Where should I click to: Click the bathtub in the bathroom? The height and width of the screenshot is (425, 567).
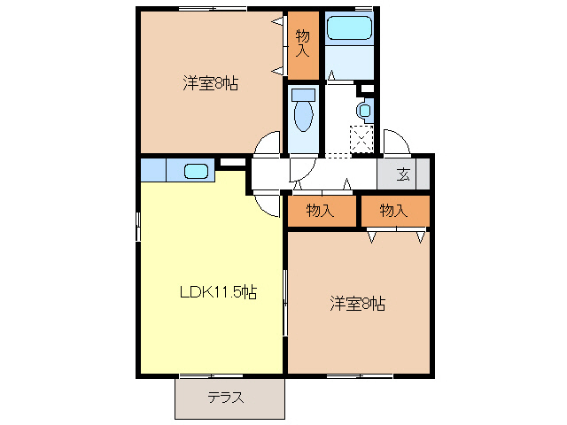click(349, 29)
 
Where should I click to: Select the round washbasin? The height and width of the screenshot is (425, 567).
click(363, 111)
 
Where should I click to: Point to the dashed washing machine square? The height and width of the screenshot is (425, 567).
click(361, 140)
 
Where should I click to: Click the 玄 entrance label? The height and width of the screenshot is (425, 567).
click(403, 174)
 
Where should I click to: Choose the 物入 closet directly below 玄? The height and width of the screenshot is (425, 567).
click(393, 211)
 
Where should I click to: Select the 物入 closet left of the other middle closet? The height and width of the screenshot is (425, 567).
click(320, 211)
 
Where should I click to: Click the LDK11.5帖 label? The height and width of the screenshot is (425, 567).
click(220, 292)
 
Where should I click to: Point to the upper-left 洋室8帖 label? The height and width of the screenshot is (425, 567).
click(210, 84)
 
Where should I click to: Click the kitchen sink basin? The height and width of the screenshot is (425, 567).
click(197, 171)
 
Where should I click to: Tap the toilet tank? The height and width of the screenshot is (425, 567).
click(303, 93)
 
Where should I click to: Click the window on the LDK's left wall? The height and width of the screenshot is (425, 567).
click(137, 226)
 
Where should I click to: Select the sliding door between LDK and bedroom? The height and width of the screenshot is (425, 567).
click(284, 301)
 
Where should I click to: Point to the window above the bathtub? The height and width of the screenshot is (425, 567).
click(349, 10)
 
